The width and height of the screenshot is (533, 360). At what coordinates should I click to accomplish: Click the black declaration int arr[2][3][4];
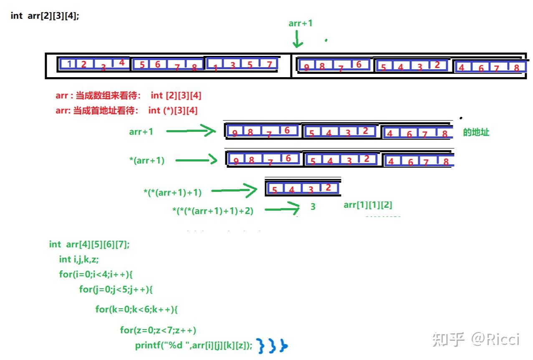pyautogui.click(x=45, y=16)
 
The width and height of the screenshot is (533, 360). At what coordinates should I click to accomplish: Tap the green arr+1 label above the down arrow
pyautogui.click(x=300, y=23)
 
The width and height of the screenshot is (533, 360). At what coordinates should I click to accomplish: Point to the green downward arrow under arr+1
pyautogui.click(x=298, y=39)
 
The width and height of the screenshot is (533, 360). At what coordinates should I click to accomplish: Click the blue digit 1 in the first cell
pyautogui.click(x=69, y=64)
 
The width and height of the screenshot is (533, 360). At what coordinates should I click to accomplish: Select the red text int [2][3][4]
pyautogui.click(x=176, y=96)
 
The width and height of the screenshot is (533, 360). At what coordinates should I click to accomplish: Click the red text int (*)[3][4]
pyautogui.click(x=173, y=110)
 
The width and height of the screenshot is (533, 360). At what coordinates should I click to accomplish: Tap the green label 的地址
pyautogui.click(x=476, y=132)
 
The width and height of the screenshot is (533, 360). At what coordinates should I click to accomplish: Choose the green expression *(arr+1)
pyautogui.click(x=147, y=161)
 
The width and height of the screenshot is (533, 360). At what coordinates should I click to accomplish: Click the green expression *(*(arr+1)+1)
pyautogui.click(x=172, y=192)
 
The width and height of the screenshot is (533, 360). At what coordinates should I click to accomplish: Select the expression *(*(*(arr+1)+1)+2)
pyautogui.click(x=213, y=211)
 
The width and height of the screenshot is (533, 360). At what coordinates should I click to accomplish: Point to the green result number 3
pyautogui.click(x=313, y=206)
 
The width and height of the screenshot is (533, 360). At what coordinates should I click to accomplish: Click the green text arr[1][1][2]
pyautogui.click(x=368, y=205)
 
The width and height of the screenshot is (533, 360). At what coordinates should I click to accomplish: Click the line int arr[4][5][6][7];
pyautogui.click(x=89, y=244)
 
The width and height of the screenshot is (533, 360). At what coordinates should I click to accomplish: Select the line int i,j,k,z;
pyautogui.click(x=79, y=259)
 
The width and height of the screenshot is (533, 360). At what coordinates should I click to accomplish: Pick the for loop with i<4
pyautogui.click(x=96, y=274)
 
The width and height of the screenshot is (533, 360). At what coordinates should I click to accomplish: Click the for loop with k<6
pyautogui.click(x=136, y=310)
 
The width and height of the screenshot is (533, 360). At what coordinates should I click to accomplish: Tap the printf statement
pyautogui.click(x=194, y=345)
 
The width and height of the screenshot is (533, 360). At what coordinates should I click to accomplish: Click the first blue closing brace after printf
pyautogui.click(x=261, y=346)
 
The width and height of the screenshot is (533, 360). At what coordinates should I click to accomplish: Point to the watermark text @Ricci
pyautogui.click(x=495, y=339)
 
